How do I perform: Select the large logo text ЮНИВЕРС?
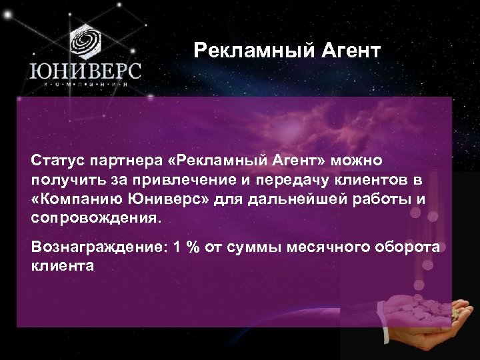(84, 71)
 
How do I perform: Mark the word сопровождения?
(94, 218)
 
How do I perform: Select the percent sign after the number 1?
(194, 247)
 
